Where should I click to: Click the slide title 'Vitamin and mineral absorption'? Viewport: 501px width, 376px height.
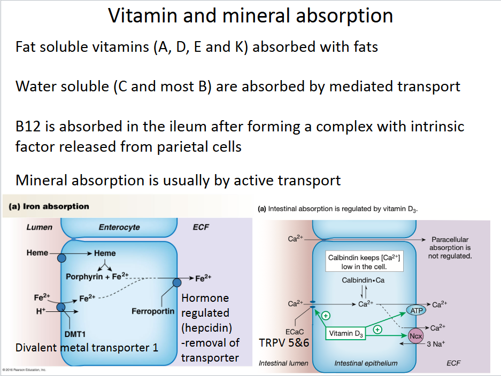click(250, 16)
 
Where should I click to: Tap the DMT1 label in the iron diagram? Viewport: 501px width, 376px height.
click(75, 334)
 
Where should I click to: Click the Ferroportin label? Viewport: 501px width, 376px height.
click(153, 311)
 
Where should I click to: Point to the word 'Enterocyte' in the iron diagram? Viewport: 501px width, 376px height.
click(119, 227)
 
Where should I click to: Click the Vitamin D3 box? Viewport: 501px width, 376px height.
click(345, 334)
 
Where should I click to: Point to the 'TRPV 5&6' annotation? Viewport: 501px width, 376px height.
click(284, 342)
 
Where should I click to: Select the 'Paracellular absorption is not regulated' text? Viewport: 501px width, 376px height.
click(450, 248)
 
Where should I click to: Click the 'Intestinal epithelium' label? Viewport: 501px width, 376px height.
click(366, 363)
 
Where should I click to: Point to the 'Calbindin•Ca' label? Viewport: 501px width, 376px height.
click(364, 280)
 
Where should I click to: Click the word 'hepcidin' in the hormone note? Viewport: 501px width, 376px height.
click(205, 327)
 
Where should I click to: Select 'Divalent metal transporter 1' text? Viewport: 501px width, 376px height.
click(87, 348)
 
